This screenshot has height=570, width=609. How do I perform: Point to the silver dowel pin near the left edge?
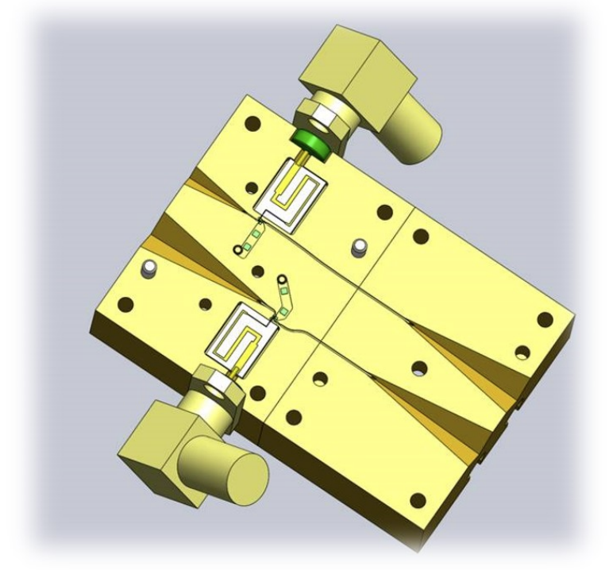click(x=146, y=270)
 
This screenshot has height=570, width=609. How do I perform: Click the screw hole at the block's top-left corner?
click(x=254, y=124)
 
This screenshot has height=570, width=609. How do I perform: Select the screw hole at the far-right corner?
click(x=544, y=319)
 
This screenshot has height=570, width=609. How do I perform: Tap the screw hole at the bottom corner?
click(x=417, y=500)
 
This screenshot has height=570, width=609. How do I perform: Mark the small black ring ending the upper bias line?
click(x=238, y=251)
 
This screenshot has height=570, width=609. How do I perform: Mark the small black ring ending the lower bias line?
click(x=281, y=279)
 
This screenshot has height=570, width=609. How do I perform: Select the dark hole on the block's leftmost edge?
click(x=125, y=304)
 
